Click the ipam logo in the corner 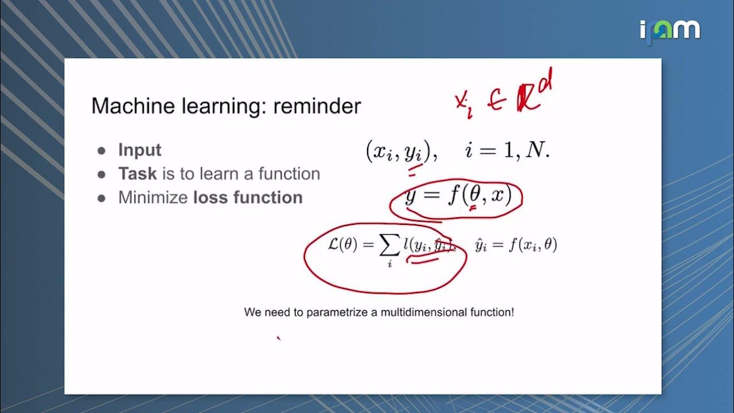[x=670, y=29]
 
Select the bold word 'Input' [x=139, y=150]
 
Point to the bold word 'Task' [x=138, y=173]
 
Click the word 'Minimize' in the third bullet [x=153, y=197]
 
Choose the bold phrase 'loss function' [x=248, y=197]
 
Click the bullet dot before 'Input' [x=101, y=150]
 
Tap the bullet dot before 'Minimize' [x=101, y=198]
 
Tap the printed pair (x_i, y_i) [x=401, y=151]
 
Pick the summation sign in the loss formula [x=390, y=246]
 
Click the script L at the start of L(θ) [x=334, y=245]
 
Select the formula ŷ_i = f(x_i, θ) [x=516, y=246]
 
